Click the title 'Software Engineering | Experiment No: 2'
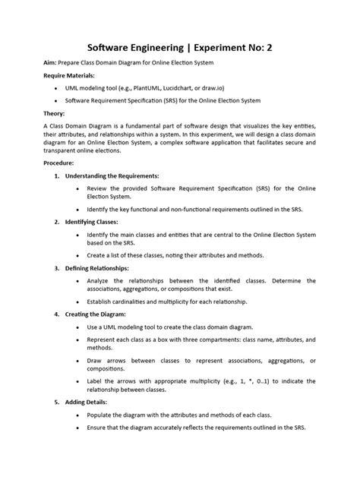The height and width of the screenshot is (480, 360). (180, 48)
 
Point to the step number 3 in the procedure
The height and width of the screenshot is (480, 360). (57, 268)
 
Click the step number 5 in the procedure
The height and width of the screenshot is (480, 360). (57, 402)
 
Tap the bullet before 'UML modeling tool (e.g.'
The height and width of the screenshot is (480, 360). (58, 88)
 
